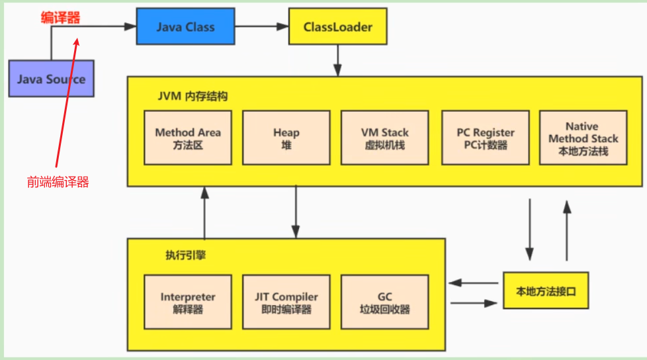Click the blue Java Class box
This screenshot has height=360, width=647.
coord(185,26)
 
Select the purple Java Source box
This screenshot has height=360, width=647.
coord(51,79)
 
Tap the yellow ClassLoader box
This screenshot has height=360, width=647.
coord(337,26)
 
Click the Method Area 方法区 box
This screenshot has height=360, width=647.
coord(188,138)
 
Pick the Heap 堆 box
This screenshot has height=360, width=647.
coord(286,138)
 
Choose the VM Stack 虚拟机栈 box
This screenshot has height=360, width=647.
coord(385,138)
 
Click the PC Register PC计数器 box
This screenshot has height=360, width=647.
coord(485,138)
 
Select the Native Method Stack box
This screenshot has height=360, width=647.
coord(583,138)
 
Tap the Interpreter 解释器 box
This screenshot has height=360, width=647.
coord(188,302)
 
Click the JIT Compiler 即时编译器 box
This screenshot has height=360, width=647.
coord(286,302)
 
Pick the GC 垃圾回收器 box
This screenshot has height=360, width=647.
coord(385,302)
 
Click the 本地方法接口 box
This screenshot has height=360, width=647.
coord(545,290)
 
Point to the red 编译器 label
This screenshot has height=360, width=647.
coord(60,18)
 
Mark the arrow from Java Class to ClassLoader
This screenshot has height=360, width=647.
coord(261,26)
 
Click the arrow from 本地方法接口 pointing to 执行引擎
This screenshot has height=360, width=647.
coord(473,283)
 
